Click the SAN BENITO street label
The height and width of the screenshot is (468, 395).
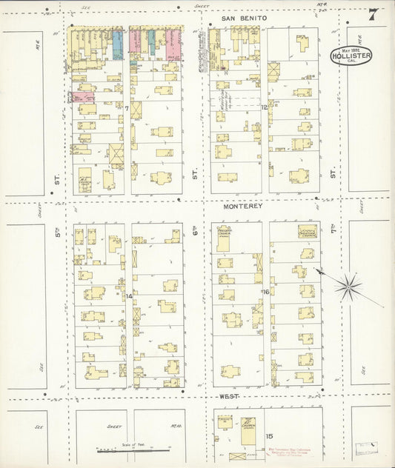244,16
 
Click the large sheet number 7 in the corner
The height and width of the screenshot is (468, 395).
372,15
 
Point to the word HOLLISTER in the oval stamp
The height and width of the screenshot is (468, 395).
351,54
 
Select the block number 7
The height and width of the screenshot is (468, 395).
127,109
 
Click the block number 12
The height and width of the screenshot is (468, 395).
264,108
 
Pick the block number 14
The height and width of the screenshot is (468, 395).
128,296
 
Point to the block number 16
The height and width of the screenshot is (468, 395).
265,292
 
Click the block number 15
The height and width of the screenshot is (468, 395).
270,435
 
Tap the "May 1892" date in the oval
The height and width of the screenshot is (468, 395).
351,47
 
